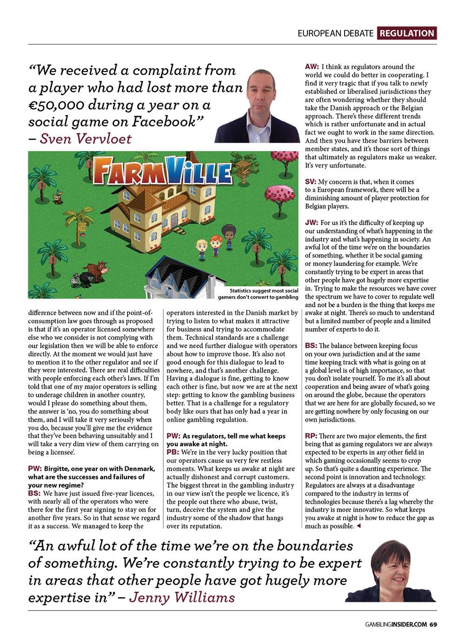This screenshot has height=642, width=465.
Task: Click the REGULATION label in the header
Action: pyautogui.click(x=407, y=33)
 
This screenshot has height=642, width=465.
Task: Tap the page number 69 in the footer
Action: pyautogui.click(x=432, y=624)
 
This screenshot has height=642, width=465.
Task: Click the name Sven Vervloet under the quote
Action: pyautogui.click(x=86, y=139)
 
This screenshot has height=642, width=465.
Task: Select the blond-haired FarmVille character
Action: pyautogui.click(x=201, y=249)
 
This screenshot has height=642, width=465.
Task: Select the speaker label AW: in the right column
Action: pyautogui.click(x=312, y=66)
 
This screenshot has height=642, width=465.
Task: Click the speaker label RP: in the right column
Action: pyautogui.click(x=311, y=436)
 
